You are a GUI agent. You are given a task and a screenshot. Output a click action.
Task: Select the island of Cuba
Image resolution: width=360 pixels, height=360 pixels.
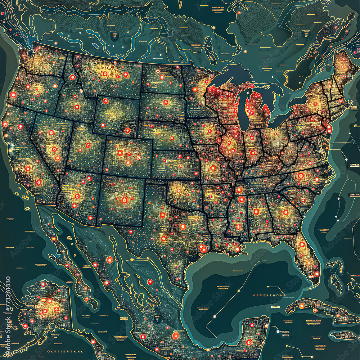click(x=317, y=308)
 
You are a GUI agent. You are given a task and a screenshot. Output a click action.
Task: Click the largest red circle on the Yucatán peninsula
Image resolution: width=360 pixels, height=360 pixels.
click(x=248, y=342)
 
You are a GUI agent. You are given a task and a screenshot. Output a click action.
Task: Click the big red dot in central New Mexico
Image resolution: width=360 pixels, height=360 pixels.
click(x=125, y=200)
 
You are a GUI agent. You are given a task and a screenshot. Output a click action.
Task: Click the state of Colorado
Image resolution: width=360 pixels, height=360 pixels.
click(x=128, y=157)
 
